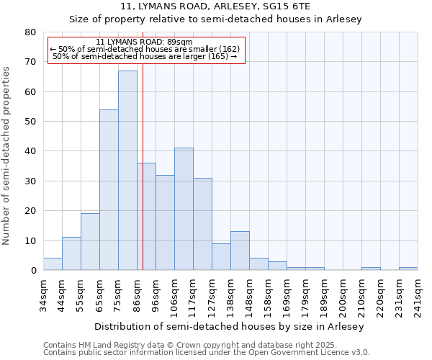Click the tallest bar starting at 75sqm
127,171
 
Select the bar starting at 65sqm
109,190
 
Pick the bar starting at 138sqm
240,251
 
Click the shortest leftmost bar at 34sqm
53,264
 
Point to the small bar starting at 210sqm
371,269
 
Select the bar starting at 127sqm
221,257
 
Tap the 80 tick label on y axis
30,32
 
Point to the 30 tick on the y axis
30,181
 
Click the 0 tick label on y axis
33,271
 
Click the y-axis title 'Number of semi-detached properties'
7,155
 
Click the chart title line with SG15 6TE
215,6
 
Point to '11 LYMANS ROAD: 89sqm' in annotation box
144,42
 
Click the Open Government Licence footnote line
207,353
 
